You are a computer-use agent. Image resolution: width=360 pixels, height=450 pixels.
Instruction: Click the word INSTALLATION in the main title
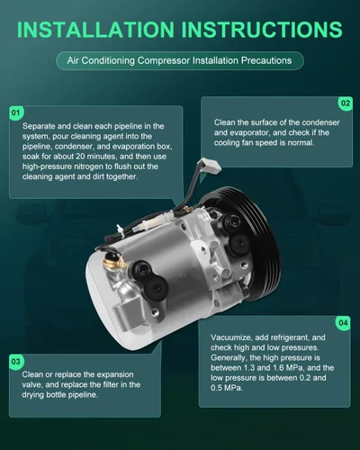(x=95, y=30)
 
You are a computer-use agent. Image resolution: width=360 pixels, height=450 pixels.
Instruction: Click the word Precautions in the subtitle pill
(x=266, y=60)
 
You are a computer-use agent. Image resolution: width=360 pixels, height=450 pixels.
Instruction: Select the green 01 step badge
(x=15, y=112)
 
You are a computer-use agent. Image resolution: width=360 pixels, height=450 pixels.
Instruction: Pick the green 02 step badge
(x=346, y=103)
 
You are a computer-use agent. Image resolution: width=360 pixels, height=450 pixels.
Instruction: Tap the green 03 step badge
(x=15, y=362)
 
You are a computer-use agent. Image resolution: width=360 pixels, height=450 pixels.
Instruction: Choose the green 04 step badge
(x=343, y=323)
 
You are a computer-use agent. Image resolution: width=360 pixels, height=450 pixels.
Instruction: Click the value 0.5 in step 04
(x=216, y=388)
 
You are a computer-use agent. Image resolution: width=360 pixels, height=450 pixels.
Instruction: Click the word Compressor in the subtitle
(x=164, y=60)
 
